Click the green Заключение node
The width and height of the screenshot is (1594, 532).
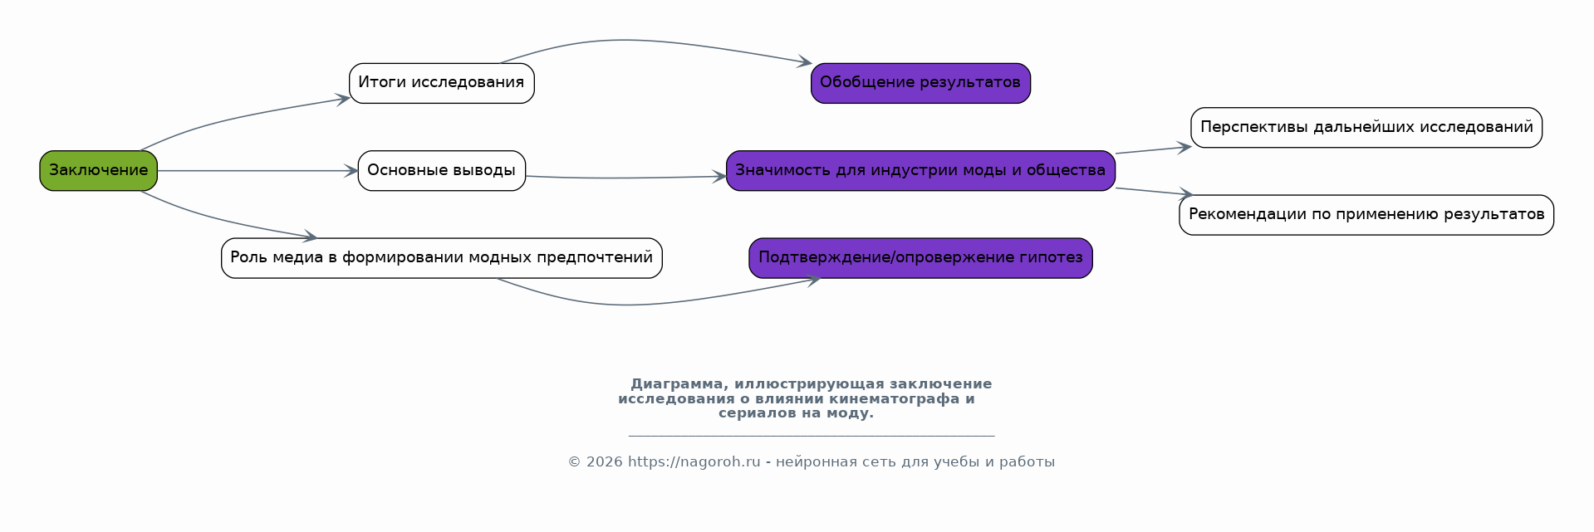(x=98, y=171)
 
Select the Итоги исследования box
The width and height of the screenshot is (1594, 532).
(x=441, y=83)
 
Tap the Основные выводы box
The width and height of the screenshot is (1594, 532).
(x=441, y=171)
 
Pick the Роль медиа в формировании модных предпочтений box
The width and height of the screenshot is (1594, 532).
(x=441, y=258)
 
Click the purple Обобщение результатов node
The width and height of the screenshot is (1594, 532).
(x=920, y=83)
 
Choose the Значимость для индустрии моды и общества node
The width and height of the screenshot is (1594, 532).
(x=920, y=171)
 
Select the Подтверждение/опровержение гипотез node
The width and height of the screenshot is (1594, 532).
(x=920, y=258)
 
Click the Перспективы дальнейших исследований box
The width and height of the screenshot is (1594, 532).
(x=1366, y=128)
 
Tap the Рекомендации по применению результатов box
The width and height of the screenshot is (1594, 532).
(x=1366, y=215)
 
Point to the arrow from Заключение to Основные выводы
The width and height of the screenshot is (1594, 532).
(x=257, y=171)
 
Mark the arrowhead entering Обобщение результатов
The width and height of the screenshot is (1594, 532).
(x=805, y=62)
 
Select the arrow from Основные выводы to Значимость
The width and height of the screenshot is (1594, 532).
(x=623, y=178)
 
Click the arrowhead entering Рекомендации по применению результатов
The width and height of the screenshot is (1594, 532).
(x=1186, y=194)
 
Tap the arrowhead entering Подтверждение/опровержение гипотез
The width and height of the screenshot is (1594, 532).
(x=813, y=281)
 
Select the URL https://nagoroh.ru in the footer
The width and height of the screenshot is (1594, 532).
(x=694, y=462)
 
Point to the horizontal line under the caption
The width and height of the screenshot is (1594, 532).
(x=811, y=436)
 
